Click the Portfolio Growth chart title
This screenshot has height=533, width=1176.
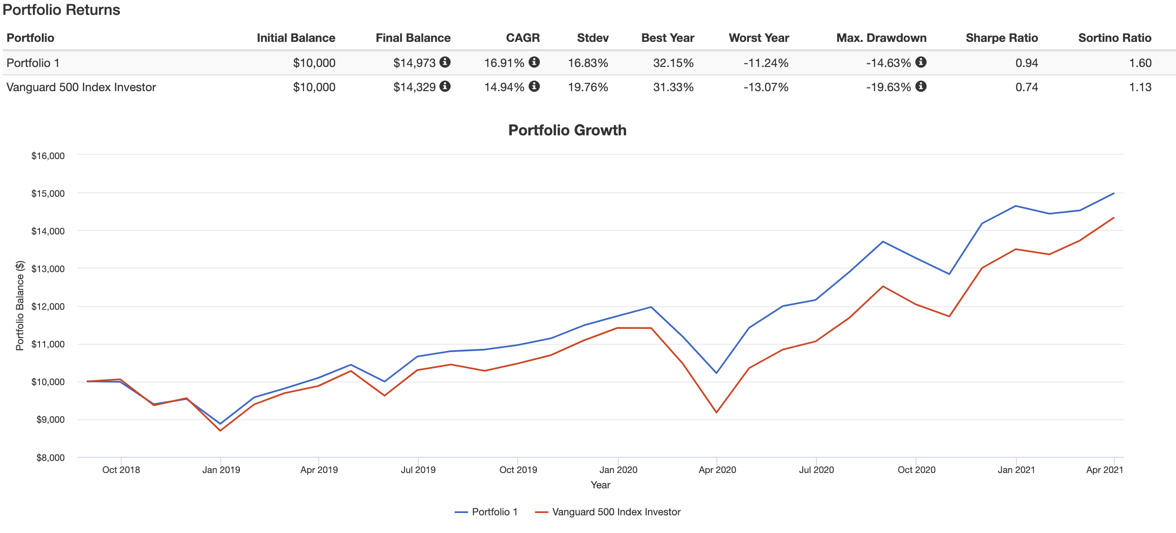pyautogui.click(x=567, y=130)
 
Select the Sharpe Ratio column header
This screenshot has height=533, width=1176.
pyautogui.click(x=1001, y=38)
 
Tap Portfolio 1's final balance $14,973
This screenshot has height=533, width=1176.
pyautogui.click(x=414, y=63)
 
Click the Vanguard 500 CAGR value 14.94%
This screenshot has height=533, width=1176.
pyautogui.click(x=504, y=87)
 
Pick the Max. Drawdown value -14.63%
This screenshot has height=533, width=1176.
pyautogui.click(x=888, y=63)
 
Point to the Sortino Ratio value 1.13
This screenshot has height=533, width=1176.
pyautogui.click(x=1140, y=87)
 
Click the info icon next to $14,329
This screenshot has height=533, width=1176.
pyautogui.click(x=445, y=87)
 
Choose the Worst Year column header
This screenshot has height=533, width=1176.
pyautogui.click(x=759, y=38)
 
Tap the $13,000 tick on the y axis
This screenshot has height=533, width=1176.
pyautogui.click(x=48, y=269)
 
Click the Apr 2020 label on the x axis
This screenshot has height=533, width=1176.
pyautogui.click(x=717, y=470)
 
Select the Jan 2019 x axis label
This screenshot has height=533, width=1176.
pyautogui.click(x=221, y=470)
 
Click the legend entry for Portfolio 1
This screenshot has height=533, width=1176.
pyautogui.click(x=486, y=512)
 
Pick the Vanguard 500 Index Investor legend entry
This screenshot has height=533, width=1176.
pyautogui.click(x=608, y=512)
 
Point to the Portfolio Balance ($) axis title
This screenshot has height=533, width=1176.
pyautogui.click(x=20, y=306)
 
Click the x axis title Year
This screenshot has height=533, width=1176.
pyautogui.click(x=600, y=485)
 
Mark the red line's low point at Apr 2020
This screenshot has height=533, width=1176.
pyautogui.click(x=717, y=413)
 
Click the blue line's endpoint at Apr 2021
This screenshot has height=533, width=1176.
pyautogui.click(x=1114, y=193)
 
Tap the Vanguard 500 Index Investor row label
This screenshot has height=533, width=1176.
pyautogui.click(x=81, y=87)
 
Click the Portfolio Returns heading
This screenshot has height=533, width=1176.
pyautogui.click(x=61, y=10)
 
